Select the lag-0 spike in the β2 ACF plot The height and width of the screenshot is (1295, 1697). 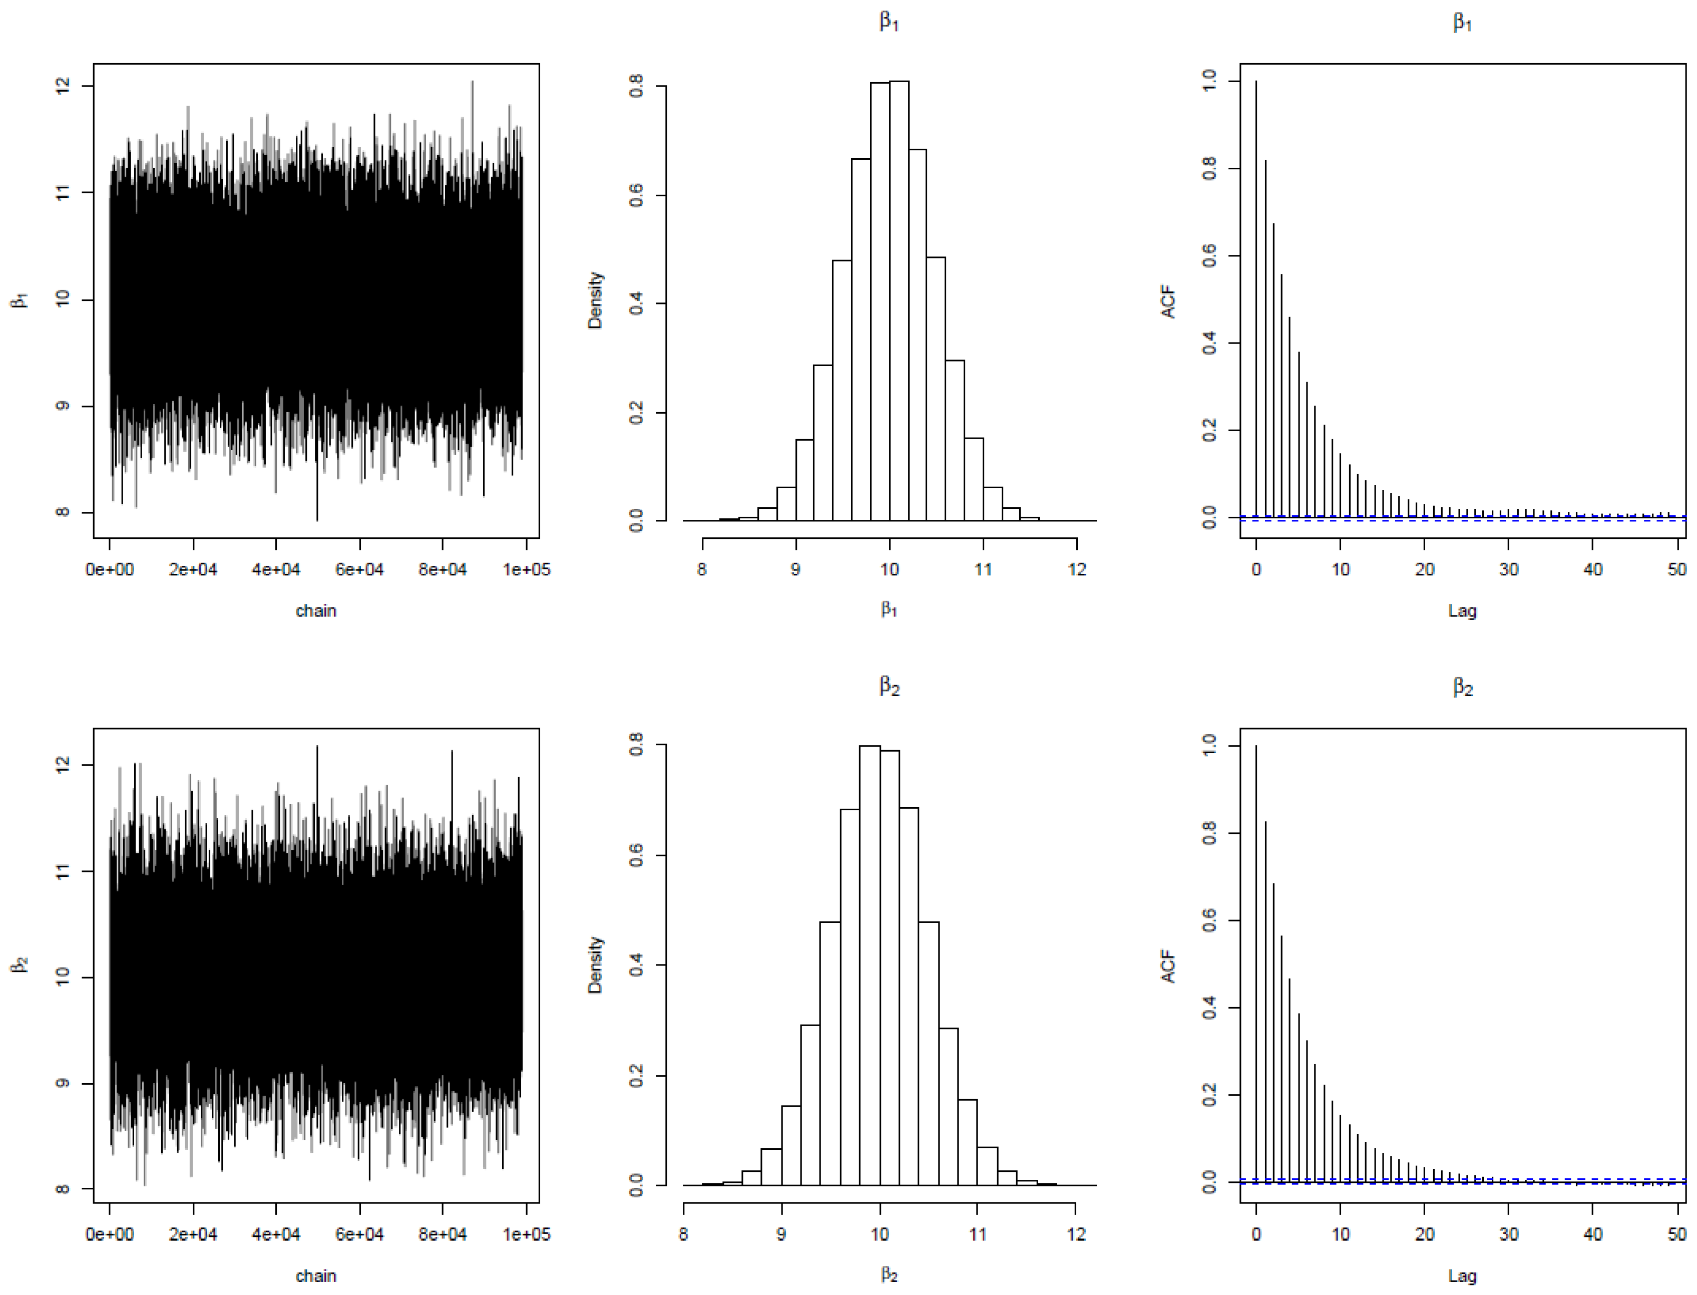point(1255,963)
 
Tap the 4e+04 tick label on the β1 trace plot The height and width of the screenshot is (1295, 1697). point(276,570)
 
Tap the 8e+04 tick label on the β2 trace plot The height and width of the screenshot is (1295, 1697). point(443,1234)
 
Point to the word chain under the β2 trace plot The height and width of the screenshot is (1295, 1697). point(316,1276)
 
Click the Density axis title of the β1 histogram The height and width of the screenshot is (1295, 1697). point(595,300)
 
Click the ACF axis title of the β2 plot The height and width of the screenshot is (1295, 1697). point(1168,966)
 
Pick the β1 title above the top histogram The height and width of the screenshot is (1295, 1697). point(890,22)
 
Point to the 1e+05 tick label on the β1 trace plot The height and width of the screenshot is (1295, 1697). point(526,570)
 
